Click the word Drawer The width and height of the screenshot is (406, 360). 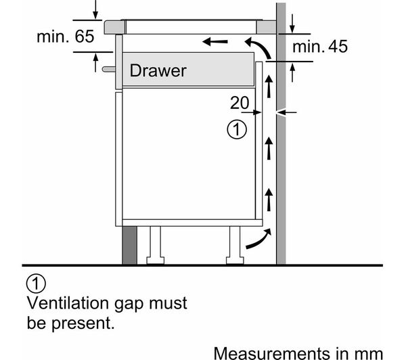(158, 70)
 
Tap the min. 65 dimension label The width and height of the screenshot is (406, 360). (65, 37)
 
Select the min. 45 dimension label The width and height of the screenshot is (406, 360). (320, 47)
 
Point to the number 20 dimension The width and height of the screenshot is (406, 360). (240, 103)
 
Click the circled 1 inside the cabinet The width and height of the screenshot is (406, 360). (237, 129)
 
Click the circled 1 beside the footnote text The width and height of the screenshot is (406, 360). (36, 284)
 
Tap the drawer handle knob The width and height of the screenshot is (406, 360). (109, 69)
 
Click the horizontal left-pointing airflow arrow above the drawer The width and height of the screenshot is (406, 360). (215, 41)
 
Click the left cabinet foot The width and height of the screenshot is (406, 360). (156, 246)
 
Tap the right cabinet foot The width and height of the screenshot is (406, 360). (235, 246)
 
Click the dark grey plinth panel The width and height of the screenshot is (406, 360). (129, 246)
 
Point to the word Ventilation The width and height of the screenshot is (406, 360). (68, 302)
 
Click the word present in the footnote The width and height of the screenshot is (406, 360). (83, 323)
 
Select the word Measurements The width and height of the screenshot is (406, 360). (271, 353)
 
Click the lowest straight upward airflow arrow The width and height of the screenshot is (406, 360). (269, 200)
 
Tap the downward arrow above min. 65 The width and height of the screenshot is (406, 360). (95, 9)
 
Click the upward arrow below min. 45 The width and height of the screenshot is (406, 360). (292, 73)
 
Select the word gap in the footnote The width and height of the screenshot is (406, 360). (129, 304)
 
